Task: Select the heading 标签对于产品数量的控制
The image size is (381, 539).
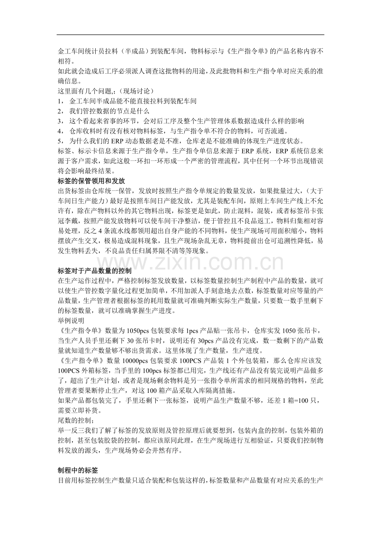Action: click(x=94, y=271)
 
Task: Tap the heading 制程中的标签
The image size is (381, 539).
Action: click(x=78, y=470)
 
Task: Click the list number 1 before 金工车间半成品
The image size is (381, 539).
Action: click(x=60, y=101)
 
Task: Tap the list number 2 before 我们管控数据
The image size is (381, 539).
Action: click(x=60, y=111)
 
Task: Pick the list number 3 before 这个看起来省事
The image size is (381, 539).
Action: click(x=60, y=121)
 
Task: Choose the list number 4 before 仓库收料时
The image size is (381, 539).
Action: click(x=60, y=131)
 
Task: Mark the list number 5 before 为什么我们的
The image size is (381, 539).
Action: click(x=60, y=141)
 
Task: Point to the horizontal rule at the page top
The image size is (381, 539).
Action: click(x=190, y=35)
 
